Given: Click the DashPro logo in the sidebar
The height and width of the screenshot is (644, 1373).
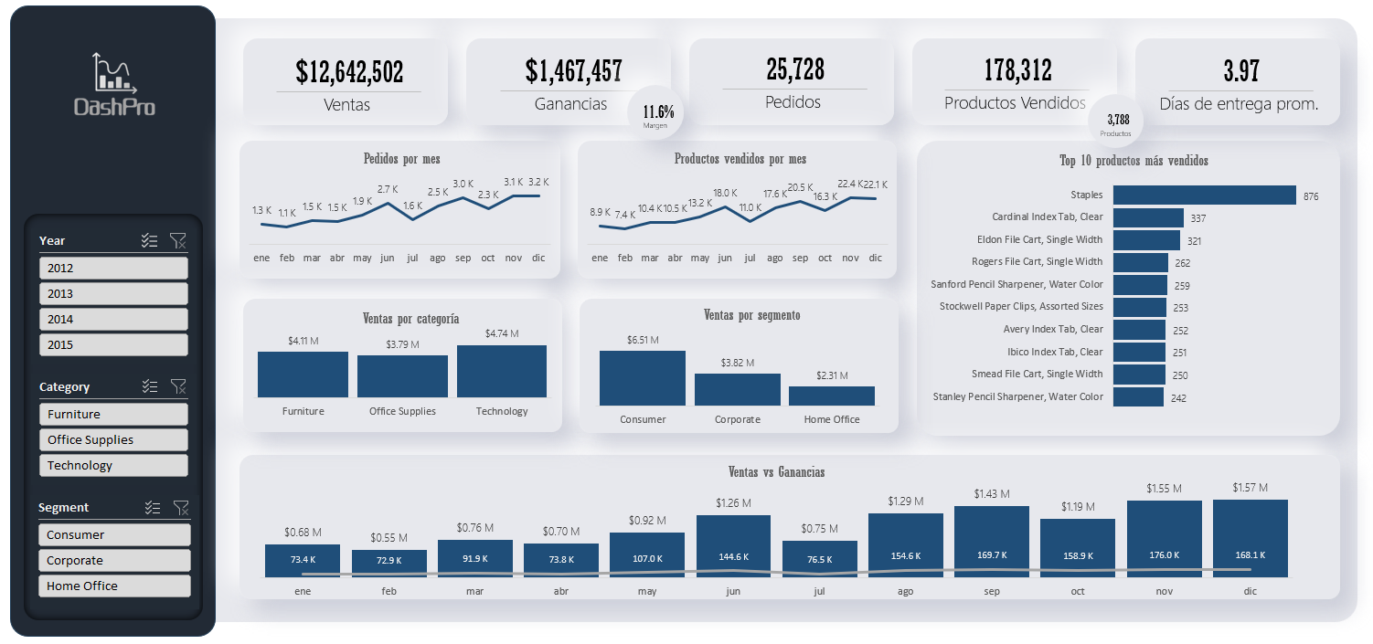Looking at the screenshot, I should point(114,85).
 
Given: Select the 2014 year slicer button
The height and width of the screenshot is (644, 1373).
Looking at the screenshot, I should point(113,319).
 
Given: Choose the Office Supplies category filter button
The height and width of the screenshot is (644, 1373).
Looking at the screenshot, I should point(113,439).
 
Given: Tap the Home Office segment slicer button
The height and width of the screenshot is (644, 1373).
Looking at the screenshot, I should point(113,586).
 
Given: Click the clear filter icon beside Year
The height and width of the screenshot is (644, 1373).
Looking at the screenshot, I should point(178,240).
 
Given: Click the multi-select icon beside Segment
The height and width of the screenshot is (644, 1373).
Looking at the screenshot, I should point(153,507).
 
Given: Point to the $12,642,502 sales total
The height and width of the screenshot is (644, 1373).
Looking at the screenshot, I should point(349,71).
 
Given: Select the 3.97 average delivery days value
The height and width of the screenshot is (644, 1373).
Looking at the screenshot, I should point(1241,70).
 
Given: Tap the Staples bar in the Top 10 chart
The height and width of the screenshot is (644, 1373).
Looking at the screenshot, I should point(1204,195).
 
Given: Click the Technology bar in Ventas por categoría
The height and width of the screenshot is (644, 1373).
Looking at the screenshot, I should point(502,371).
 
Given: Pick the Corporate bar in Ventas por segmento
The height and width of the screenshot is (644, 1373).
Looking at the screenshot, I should point(737,389).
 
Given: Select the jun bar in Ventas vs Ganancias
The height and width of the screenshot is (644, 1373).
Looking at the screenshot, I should point(733,546).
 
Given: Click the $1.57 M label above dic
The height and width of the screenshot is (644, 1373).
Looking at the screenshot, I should point(1250,487).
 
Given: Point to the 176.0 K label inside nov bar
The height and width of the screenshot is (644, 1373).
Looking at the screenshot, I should point(1164,554).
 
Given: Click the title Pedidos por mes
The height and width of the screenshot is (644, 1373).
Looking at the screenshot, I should point(401,159).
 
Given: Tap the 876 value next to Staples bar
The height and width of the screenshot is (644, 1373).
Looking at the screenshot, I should point(1311,196).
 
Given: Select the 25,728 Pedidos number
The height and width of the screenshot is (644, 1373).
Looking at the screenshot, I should point(794,69).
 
